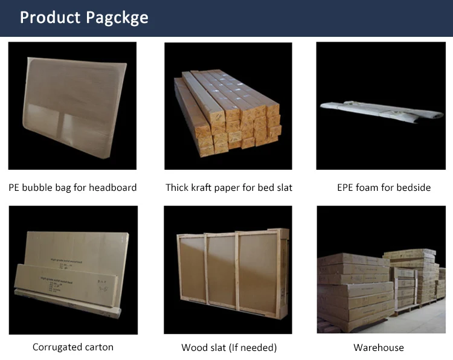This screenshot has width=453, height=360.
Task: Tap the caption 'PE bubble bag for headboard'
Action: (x=72, y=187)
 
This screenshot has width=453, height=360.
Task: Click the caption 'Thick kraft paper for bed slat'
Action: (x=229, y=187)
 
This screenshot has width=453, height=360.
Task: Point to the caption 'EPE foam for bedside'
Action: (x=384, y=187)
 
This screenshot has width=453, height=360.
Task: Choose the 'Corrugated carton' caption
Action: (x=72, y=347)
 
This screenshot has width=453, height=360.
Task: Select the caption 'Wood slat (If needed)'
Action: (x=229, y=347)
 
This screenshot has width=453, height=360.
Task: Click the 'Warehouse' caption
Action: (x=379, y=347)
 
